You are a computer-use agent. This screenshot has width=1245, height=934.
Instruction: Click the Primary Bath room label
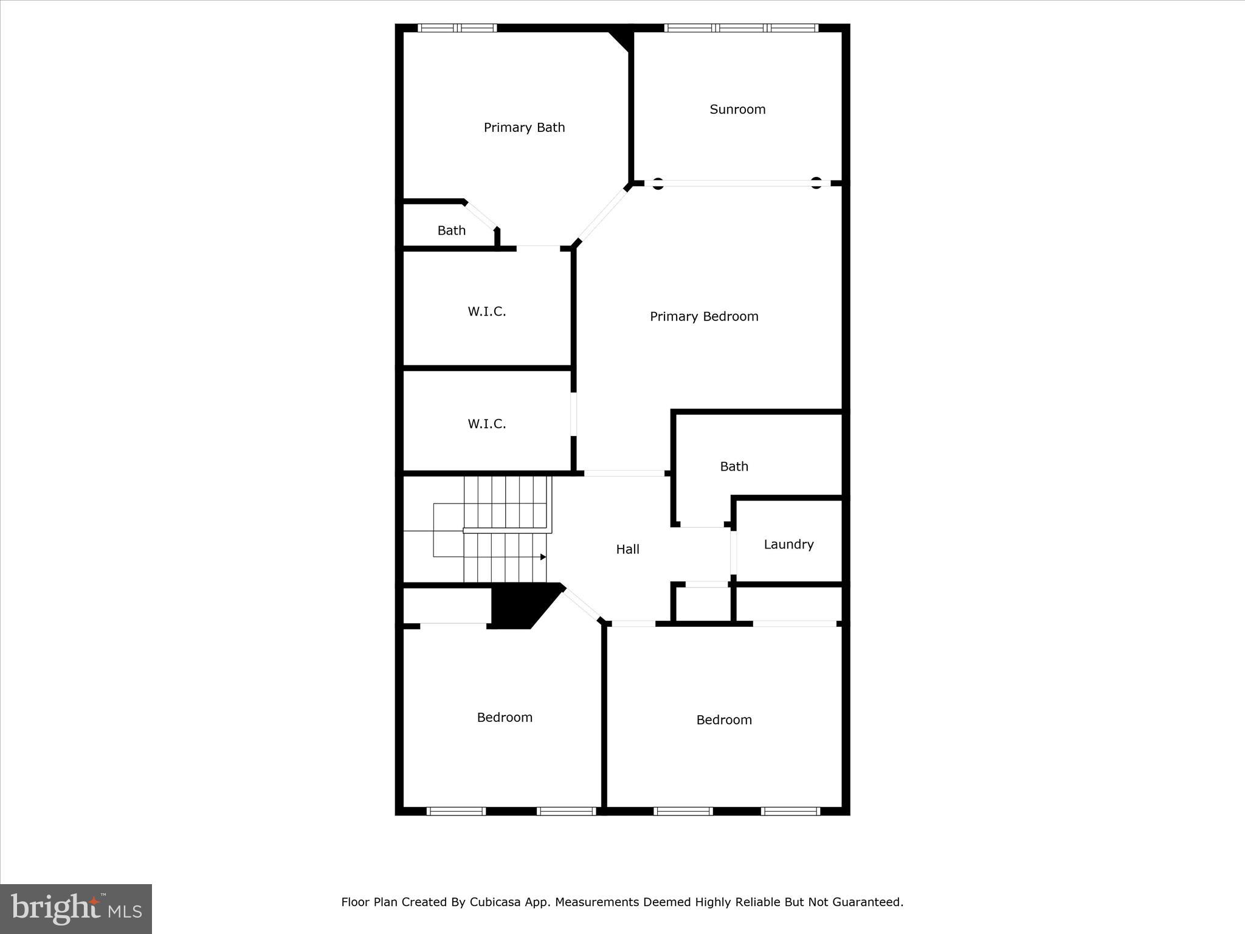(524, 128)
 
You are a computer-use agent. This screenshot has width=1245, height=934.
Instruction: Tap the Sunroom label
(737, 109)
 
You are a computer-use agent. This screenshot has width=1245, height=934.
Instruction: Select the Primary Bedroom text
(704, 317)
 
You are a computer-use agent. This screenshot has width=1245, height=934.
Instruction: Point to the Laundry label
(788, 545)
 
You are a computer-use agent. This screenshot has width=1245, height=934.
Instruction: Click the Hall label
(627, 550)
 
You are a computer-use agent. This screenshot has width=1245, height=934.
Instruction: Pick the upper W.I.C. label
(486, 312)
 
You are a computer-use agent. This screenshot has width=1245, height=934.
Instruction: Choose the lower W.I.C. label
(486, 424)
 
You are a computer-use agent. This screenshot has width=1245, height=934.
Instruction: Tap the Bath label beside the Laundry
(734, 467)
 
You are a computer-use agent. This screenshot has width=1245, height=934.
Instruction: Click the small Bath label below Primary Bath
(451, 231)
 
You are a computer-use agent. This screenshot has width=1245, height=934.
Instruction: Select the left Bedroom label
(505, 718)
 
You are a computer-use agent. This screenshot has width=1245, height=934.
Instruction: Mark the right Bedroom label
(724, 721)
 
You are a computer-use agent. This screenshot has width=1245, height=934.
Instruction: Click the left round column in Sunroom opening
(658, 183)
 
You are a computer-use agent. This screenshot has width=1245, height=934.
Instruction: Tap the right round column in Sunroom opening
(816, 183)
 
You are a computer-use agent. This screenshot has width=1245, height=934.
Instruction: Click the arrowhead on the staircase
(543, 557)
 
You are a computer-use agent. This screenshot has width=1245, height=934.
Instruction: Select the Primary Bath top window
(457, 28)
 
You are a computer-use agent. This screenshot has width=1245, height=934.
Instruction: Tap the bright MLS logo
(76, 908)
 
